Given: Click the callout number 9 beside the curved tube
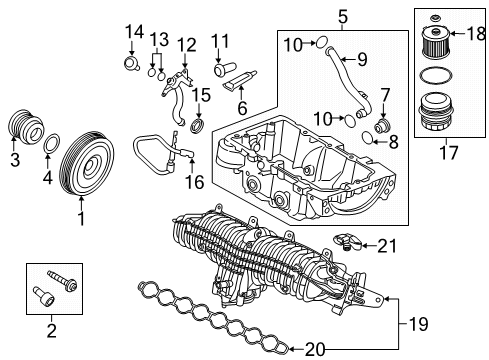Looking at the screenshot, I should (x=362, y=58).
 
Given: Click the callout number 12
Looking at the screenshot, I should (x=188, y=45).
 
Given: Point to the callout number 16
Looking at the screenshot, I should (x=194, y=182).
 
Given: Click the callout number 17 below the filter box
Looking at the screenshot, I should (x=446, y=154).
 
